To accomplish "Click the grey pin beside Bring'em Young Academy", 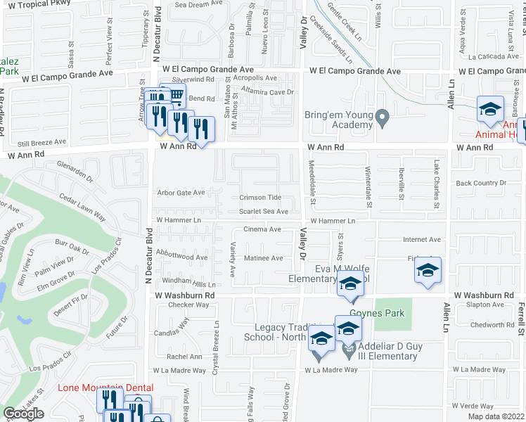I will tap(383, 117).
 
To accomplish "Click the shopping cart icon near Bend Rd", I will tap(176, 96).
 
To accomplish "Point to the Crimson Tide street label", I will tap(260, 198).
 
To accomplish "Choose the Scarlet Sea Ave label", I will tap(264, 211).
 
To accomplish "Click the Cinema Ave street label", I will tap(262, 229).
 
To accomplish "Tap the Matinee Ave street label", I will tap(263, 258).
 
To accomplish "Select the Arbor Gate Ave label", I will tap(181, 192).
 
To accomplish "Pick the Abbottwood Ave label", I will tap(182, 257).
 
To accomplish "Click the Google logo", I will tap(23, 414).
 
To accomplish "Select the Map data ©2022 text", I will tap(496, 416).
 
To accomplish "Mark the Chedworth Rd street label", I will tap(492, 325).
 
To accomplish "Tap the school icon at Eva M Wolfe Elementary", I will tap(348, 285).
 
